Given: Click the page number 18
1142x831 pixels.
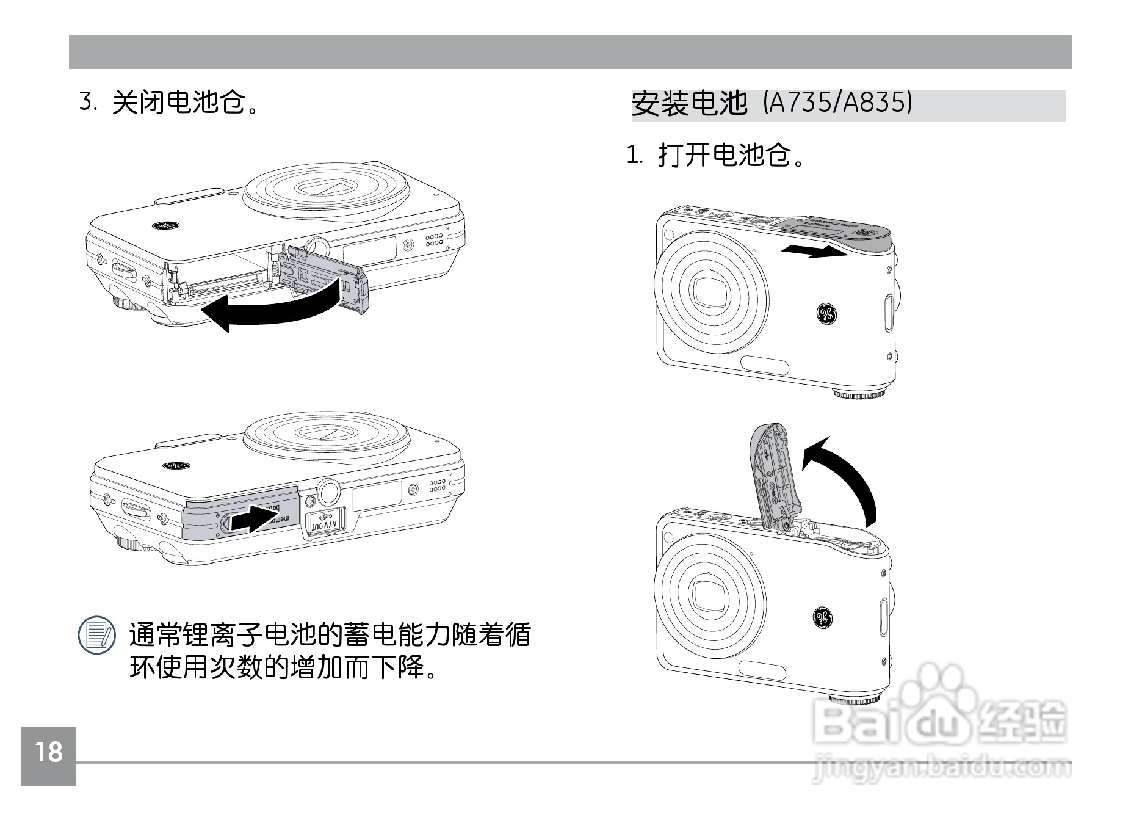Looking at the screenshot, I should [48, 753].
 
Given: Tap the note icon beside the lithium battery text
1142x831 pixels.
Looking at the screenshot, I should [96, 635].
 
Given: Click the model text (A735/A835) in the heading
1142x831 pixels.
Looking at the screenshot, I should [838, 103].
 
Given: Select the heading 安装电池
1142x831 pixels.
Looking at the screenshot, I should [689, 103].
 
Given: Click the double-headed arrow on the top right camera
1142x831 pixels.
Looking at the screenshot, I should [814, 250].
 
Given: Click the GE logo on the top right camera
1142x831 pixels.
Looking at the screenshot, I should [827, 314].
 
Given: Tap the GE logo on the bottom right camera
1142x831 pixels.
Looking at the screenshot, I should [822, 617].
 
